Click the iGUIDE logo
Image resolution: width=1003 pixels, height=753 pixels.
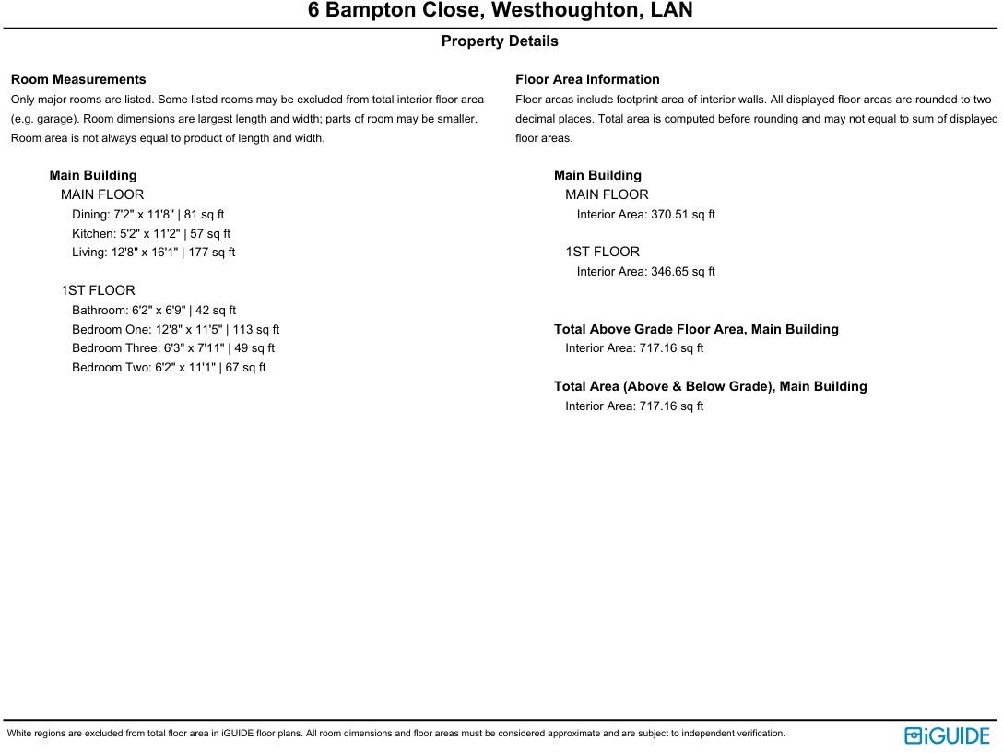(947, 735)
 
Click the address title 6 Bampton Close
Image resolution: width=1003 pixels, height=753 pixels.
(500, 11)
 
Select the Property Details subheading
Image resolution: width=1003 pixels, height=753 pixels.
(500, 41)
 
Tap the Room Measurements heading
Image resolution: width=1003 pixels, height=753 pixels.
(78, 80)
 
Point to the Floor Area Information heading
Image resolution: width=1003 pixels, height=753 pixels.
(587, 80)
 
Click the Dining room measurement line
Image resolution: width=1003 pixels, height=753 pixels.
(147, 215)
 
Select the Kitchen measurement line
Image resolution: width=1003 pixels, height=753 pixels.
(151, 234)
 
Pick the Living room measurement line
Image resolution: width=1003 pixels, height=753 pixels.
(153, 253)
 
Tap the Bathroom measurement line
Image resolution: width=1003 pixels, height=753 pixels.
(154, 311)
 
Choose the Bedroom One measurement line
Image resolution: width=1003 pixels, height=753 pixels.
(175, 330)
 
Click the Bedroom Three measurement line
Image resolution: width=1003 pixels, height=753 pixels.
(173, 348)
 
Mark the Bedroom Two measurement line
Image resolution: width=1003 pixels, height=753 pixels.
(169, 368)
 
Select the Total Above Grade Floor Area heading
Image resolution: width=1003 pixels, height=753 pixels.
(696, 329)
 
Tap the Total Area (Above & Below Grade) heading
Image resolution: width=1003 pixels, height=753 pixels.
(710, 387)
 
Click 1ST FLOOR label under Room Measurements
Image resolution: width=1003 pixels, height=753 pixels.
(98, 291)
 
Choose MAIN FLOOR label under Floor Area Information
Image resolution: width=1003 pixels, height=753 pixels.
(607, 195)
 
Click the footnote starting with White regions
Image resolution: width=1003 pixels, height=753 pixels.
(396, 734)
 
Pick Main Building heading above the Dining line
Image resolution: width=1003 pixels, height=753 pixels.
(93, 176)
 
